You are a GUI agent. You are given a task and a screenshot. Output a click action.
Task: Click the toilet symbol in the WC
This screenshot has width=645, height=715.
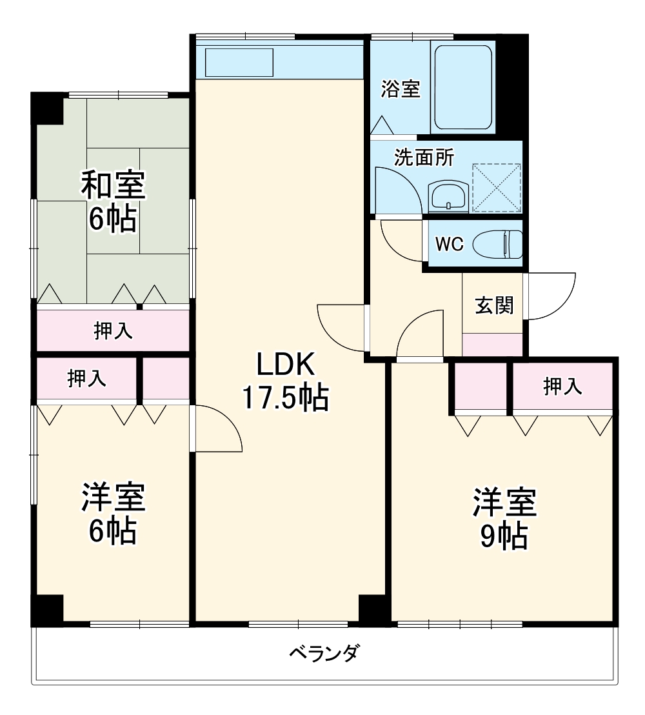(x=498, y=245)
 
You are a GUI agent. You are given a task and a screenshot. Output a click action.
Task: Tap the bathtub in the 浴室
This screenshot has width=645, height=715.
(x=464, y=86)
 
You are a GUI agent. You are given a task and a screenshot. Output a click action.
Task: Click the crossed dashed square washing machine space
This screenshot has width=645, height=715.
(x=497, y=187)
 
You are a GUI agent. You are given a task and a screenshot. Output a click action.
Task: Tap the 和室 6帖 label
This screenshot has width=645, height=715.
(x=113, y=201)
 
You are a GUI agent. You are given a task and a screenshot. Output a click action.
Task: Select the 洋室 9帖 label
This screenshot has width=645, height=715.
(x=504, y=519)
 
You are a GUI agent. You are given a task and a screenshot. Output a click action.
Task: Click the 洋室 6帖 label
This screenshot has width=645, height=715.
(x=113, y=514)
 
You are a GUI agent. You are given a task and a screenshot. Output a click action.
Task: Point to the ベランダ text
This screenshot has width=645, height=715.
(x=322, y=654)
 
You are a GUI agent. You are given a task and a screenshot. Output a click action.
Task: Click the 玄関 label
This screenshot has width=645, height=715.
(x=494, y=305)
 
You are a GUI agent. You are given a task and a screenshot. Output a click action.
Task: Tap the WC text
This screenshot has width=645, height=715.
(x=449, y=245)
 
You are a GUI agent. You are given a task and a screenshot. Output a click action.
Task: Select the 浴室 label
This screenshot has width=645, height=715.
(x=400, y=89)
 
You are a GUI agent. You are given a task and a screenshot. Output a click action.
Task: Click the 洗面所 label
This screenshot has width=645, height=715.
(x=424, y=157)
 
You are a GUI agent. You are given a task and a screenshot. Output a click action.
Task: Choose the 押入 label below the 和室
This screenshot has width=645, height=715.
(x=113, y=331)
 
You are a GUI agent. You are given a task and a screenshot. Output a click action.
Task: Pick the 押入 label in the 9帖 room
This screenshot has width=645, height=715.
(x=562, y=387)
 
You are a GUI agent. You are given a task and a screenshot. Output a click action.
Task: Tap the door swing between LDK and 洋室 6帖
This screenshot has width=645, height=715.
(x=218, y=429)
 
